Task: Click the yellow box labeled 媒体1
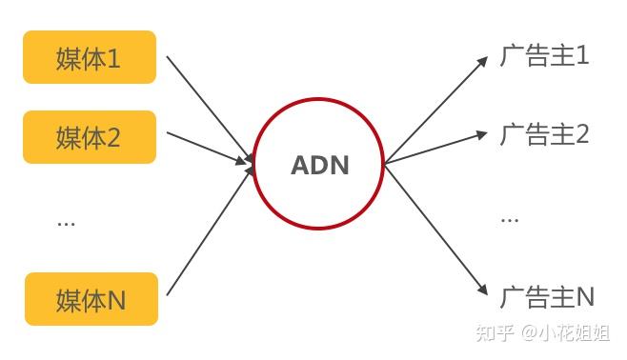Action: pyautogui.click(x=90, y=58)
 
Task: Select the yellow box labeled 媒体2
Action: pyautogui.click(x=90, y=137)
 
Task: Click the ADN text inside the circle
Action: pyautogui.click(x=319, y=166)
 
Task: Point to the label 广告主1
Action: pyautogui.click(x=544, y=56)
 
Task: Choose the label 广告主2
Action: pyautogui.click(x=544, y=135)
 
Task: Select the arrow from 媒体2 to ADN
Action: pyautogui.click(x=208, y=147)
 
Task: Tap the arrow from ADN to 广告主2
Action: pyautogui.click(x=434, y=149)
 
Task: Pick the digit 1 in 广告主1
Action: pyautogui.click(x=582, y=56)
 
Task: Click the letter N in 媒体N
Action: pyautogui.click(x=115, y=300)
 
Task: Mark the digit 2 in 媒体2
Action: pyautogui.click(x=113, y=138)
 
